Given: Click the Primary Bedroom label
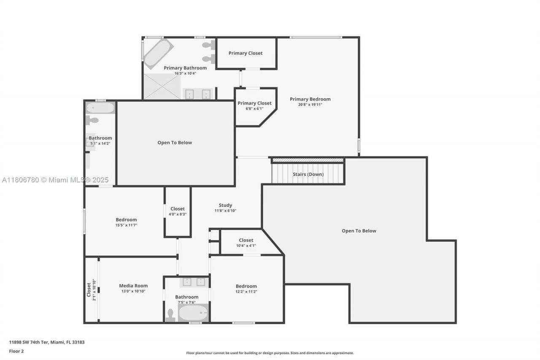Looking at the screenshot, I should pyautogui.click(x=310, y=99).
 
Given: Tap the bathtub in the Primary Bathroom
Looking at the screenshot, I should pyautogui.click(x=158, y=53).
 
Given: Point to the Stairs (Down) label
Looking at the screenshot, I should pyautogui.click(x=308, y=174).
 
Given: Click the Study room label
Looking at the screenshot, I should pyautogui.click(x=225, y=205).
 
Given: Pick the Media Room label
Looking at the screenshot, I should pyautogui.click(x=133, y=286).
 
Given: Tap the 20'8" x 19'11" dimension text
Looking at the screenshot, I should pyautogui.click(x=310, y=105).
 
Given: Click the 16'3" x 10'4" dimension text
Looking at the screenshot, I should pyautogui.click(x=185, y=73).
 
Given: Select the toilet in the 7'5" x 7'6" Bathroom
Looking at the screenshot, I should pyautogui.click(x=170, y=315).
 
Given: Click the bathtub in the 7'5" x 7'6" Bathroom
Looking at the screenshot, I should pyautogui.click(x=193, y=313).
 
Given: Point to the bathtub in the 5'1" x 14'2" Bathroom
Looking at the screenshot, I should pyautogui.click(x=100, y=108).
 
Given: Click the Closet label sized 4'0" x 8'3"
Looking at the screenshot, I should pyautogui.click(x=178, y=208).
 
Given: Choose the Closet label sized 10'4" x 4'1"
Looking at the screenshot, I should pyautogui.click(x=246, y=240).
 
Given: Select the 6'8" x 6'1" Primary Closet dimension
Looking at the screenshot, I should pyautogui.click(x=254, y=108).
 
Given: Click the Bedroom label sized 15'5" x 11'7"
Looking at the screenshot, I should pyautogui.click(x=126, y=219).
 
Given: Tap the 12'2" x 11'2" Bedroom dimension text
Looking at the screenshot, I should pyautogui.click(x=246, y=291).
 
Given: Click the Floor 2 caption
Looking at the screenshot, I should pyautogui.click(x=16, y=351).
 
